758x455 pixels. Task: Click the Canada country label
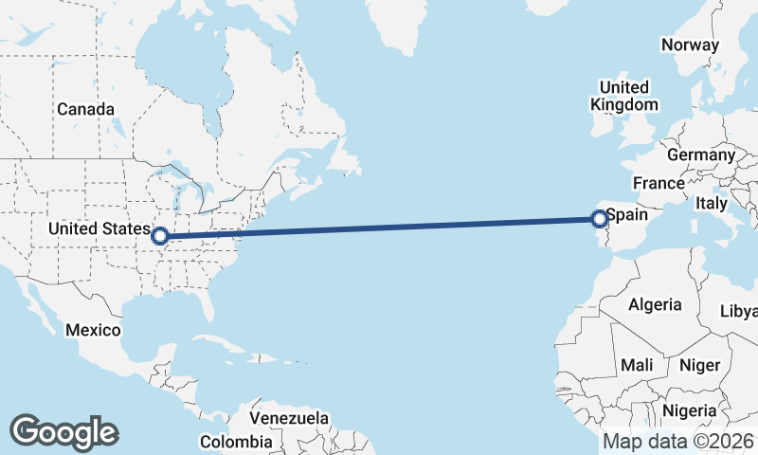(85, 109)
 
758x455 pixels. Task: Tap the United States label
(99, 228)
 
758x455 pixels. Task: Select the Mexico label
(93, 330)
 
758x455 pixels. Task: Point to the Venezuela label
(289, 417)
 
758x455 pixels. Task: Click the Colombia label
(236, 442)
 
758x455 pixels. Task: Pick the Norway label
(691, 45)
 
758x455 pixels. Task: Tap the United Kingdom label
(623, 95)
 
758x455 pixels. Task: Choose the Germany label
(701, 155)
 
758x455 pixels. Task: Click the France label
(659, 183)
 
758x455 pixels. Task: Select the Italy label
(712, 203)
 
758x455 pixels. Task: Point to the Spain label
(626, 215)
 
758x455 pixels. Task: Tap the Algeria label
(655, 304)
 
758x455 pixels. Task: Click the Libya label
(739, 311)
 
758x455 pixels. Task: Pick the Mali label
(637, 365)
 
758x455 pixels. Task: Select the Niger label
(700, 365)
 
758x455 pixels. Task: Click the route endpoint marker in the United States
(160, 235)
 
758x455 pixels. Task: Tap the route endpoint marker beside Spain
(600, 220)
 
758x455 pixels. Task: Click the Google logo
(63, 432)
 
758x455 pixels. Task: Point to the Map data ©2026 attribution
(678, 441)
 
